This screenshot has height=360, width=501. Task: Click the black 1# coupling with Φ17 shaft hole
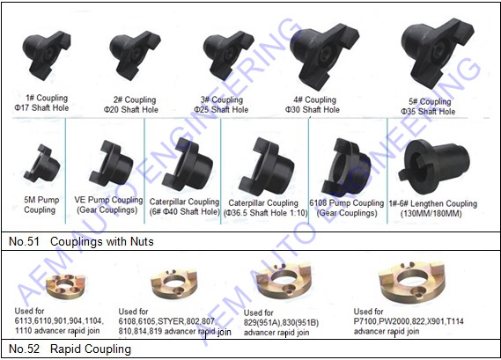(47, 55)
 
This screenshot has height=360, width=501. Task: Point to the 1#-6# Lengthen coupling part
(434, 166)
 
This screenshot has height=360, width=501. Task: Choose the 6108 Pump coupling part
(346, 166)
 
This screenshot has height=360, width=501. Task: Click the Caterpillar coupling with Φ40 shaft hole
(188, 165)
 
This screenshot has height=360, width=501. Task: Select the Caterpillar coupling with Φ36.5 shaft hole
(267, 166)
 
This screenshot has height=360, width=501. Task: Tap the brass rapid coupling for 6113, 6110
(65, 285)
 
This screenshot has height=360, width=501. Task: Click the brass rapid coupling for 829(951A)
(284, 280)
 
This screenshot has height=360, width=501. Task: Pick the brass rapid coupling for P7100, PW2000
(412, 281)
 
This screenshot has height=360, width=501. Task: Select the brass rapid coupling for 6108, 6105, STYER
(174, 283)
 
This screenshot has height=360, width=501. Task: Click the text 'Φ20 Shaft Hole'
(131, 109)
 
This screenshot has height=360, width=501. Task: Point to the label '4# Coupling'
(314, 100)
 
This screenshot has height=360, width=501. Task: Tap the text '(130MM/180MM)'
(431, 213)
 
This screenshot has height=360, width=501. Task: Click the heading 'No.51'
(24, 241)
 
